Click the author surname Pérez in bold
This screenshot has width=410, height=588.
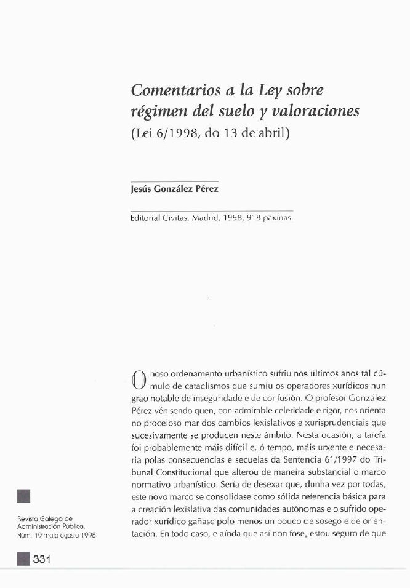click(x=207, y=189)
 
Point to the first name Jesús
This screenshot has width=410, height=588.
click(x=143, y=189)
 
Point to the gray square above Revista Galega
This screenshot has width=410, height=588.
click(x=23, y=495)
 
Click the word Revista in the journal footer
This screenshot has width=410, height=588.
click(x=28, y=518)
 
